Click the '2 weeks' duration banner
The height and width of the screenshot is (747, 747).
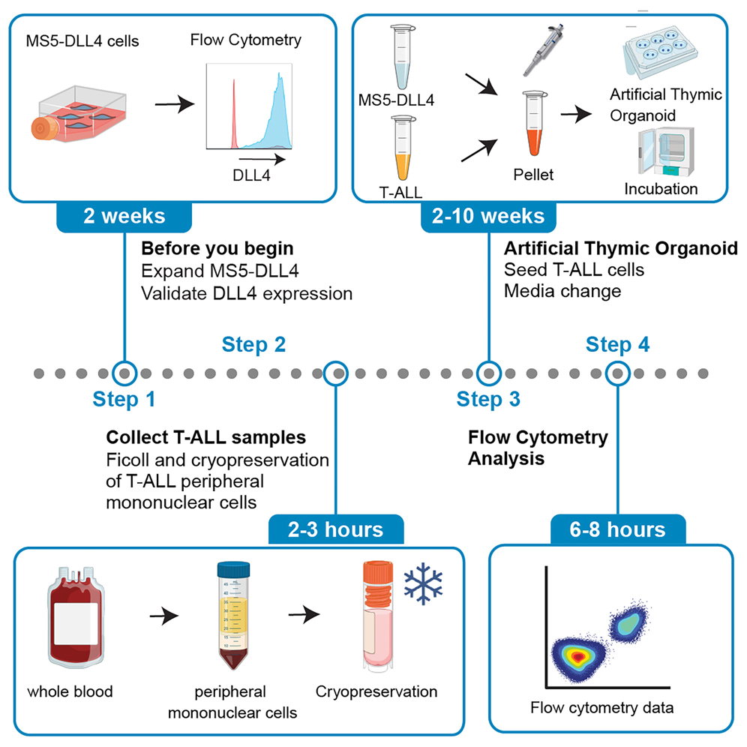124,217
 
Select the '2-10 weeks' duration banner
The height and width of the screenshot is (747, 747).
488,217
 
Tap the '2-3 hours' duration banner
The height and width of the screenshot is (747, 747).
337,530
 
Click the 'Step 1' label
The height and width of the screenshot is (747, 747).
124,399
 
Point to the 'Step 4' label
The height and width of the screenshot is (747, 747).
617,344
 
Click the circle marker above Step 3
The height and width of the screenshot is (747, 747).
489,372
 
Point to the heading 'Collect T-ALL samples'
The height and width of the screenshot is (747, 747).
206,436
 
